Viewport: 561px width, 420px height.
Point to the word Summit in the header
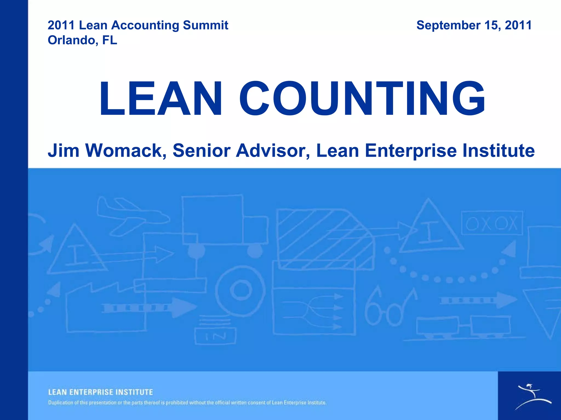click(x=205, y=25)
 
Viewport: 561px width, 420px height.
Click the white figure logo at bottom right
click(x=531, y=396)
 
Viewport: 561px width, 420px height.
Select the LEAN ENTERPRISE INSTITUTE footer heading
click(x=101, y=392)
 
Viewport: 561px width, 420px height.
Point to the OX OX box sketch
click(x=492, y=223)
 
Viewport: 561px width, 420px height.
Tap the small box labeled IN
click(x=215, y=336)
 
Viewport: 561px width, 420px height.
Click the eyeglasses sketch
click(x=389, y=308)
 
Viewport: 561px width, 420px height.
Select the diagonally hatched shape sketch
click(x=323, y=238)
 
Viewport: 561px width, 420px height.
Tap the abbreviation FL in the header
click(x=110, y=40)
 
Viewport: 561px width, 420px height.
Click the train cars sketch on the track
click(x=463, y=327)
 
